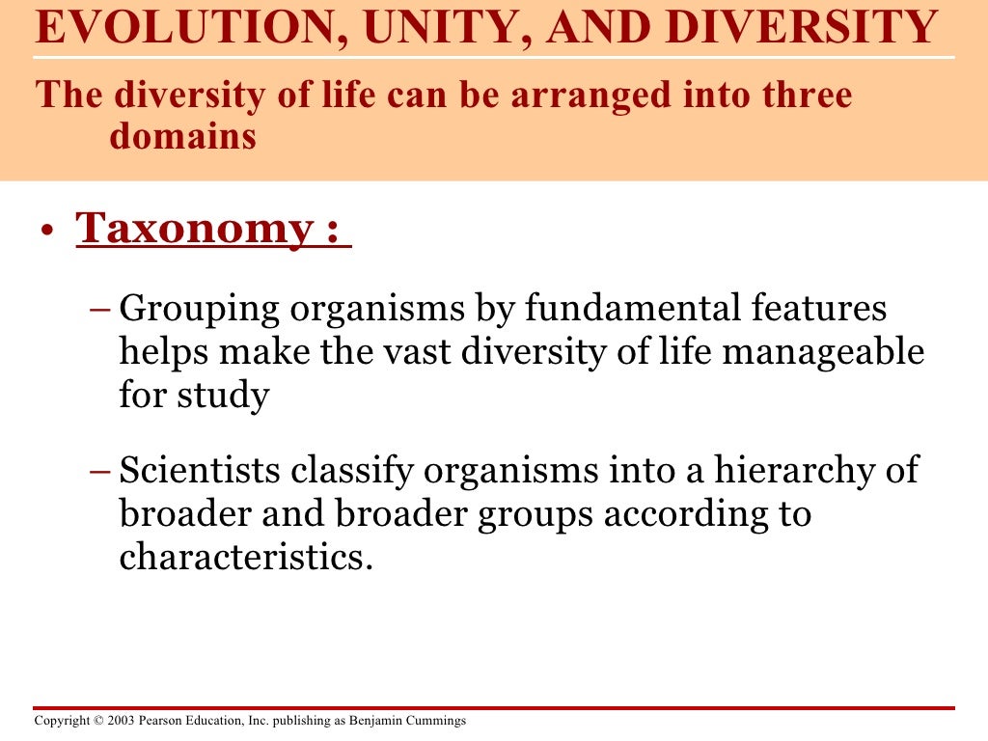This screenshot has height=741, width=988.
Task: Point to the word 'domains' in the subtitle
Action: [182, 137]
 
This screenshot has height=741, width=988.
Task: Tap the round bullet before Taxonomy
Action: [44, 232]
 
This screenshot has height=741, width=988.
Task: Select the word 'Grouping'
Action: [200, 310]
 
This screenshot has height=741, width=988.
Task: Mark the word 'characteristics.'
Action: [246, 557]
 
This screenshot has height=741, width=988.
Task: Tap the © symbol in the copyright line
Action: [99, 721]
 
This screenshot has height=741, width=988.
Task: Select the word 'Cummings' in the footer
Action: [440, 722]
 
